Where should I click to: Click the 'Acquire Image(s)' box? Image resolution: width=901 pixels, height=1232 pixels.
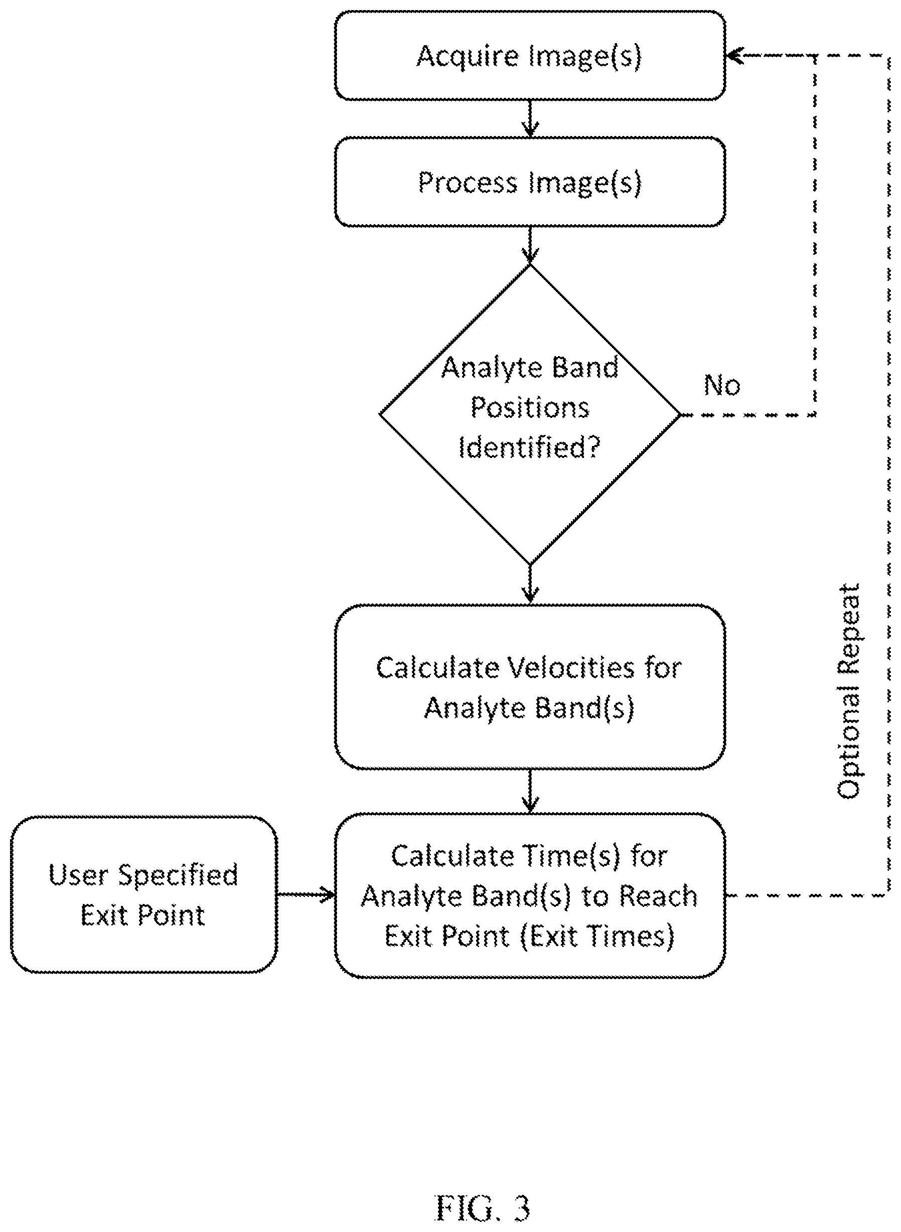pos(530,55)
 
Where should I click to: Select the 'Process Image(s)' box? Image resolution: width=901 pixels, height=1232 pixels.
pos(530,182)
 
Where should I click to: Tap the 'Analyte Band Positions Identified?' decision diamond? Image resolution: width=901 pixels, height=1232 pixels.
pos(530,414)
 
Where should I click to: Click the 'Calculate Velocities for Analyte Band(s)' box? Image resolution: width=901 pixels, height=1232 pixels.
pos(530,687)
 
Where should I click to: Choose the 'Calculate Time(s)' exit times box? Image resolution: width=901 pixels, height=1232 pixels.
pos(530,896)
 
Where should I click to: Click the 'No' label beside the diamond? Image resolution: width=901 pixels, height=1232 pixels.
pos(721,385)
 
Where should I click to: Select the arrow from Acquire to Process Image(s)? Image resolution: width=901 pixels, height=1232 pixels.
pos(530,119)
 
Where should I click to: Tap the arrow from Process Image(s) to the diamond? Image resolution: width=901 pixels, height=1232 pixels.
pos(530,245)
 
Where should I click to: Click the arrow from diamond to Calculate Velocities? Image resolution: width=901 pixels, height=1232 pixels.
pos(530,584)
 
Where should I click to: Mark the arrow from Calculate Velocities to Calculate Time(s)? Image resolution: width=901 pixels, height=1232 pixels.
pos(530,792)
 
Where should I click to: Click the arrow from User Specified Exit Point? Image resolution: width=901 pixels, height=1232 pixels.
pos(306,895)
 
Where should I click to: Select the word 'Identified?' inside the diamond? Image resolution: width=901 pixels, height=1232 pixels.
pos(529,447)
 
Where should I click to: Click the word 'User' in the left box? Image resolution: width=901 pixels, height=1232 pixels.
pos(78,874)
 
